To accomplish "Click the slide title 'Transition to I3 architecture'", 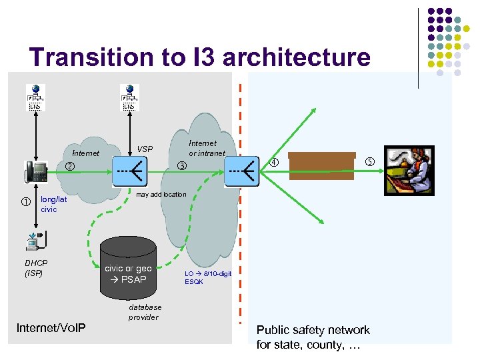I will pos(199,57).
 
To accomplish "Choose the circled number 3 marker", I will pos(181,166).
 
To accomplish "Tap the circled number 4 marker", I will pos(273,162).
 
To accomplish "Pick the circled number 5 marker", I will pos(370,162).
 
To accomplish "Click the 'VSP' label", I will pos(145,149).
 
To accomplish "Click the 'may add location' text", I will pos(161,195).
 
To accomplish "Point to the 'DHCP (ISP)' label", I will pos(36,268).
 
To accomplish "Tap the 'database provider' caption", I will pos(145,312).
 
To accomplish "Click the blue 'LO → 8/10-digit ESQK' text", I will pos(207,277).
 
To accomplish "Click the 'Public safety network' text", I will pos(313,330).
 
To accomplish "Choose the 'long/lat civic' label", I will pos(53,204).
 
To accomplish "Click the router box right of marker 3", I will pos(241,171).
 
